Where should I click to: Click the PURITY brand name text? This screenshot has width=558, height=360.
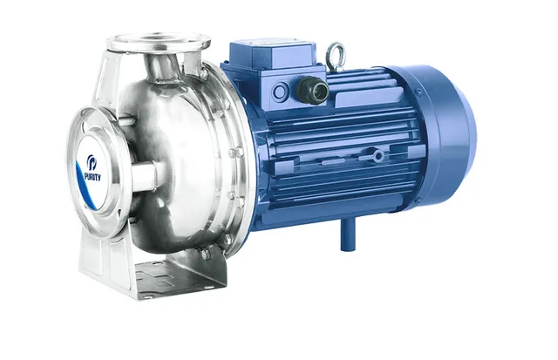(x=92, y=176)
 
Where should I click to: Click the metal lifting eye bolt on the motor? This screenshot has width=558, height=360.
(x=335, y=52)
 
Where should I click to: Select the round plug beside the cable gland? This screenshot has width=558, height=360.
(x=281, y=92)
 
